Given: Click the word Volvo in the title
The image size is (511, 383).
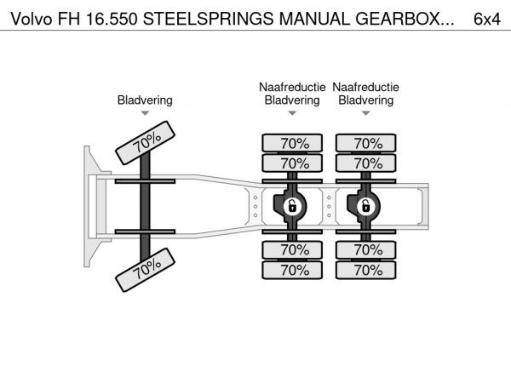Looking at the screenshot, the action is [x=32, y=19].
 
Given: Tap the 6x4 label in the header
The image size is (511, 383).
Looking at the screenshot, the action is [x=487, y=19].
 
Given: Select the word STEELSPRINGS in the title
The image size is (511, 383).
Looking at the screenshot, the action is [x=209, y=19].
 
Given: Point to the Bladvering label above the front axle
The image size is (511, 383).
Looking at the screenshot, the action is [x=145, y=100].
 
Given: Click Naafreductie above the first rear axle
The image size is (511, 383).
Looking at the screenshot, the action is [x=292, y=87].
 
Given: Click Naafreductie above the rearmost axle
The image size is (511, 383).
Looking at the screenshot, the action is [x=365, y=87].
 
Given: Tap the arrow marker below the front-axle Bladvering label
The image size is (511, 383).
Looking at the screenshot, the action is [x=145, y=113].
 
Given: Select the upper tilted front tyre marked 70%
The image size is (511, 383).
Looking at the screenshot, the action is [x=146, y=143].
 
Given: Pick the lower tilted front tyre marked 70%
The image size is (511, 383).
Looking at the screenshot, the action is [x=146, y=270].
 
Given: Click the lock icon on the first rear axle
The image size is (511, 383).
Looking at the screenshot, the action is [x=292, y=207].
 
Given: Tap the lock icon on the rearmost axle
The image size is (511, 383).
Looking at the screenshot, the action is [x=365, y=207].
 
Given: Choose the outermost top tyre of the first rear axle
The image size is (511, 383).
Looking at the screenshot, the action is [x=292, y=143].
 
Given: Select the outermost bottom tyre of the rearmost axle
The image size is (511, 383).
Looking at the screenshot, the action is [x=366, y=270].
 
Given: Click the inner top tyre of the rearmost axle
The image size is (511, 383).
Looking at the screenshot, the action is [x=366, y=163].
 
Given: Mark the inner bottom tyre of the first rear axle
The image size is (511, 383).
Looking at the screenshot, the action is [x=292, y=249].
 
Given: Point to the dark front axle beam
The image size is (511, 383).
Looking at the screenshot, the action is [x=145, y=207].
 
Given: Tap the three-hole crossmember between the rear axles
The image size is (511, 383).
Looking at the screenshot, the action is [x=329, y=207].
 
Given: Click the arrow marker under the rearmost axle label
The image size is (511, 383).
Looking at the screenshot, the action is [x=365, y=113].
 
